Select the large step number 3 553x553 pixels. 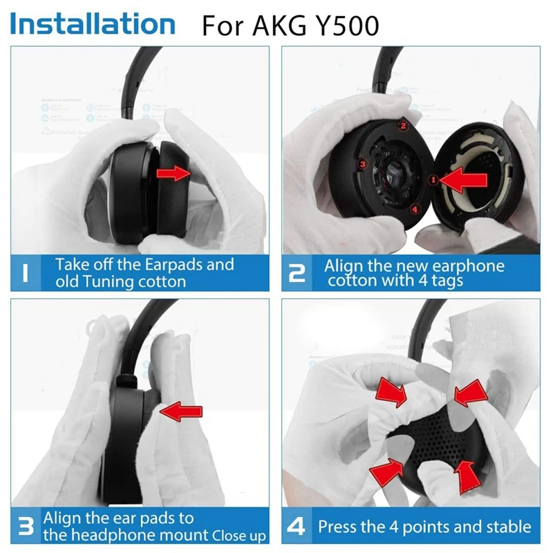(x=25, y=527)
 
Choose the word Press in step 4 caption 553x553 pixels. (x=338, y=527)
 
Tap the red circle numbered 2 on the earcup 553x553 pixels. (x=402, y=126)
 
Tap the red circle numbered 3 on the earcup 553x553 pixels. (x=361, y=164)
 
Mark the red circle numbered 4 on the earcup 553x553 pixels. (x=414, y=208)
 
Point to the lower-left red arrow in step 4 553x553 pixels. (x=386, y=471)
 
